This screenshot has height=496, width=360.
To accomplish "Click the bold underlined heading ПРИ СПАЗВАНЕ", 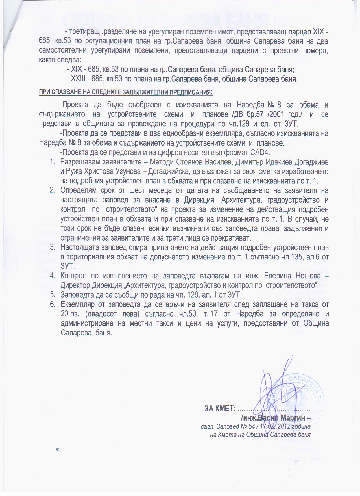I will (126, 92).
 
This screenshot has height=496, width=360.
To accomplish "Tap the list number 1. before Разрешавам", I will (53, 162).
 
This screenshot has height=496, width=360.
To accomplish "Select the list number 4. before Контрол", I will (53, 276).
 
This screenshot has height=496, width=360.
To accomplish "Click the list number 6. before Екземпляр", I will (53, 304).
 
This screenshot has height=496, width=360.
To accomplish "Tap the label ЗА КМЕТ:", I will (220, 408).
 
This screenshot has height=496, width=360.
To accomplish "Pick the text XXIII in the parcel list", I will (78, 79).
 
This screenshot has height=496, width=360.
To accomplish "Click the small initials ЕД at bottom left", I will (58, 450).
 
